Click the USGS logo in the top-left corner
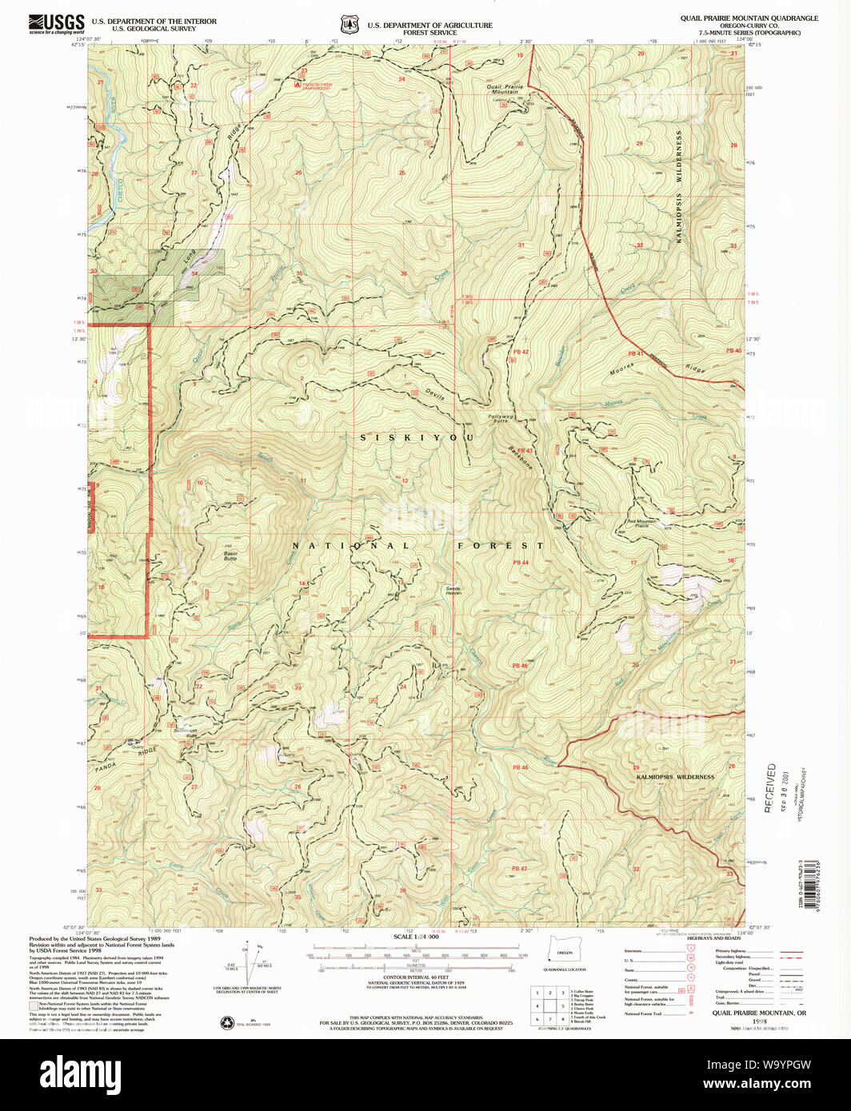(56, 23)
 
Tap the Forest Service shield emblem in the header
(348, 25)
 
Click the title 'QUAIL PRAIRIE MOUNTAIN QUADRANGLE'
(749, 18)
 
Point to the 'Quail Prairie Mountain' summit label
(505, 90)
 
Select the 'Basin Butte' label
(230, 555)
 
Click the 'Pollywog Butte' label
(500, 418)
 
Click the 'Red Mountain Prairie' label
(641, 524)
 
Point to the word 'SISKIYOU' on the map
(417, 438)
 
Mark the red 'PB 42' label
(521, 352)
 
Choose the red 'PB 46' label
(520, 767)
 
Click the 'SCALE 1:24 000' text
(415, 937)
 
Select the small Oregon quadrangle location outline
(565, 954)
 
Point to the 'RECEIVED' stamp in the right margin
(771, 788)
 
